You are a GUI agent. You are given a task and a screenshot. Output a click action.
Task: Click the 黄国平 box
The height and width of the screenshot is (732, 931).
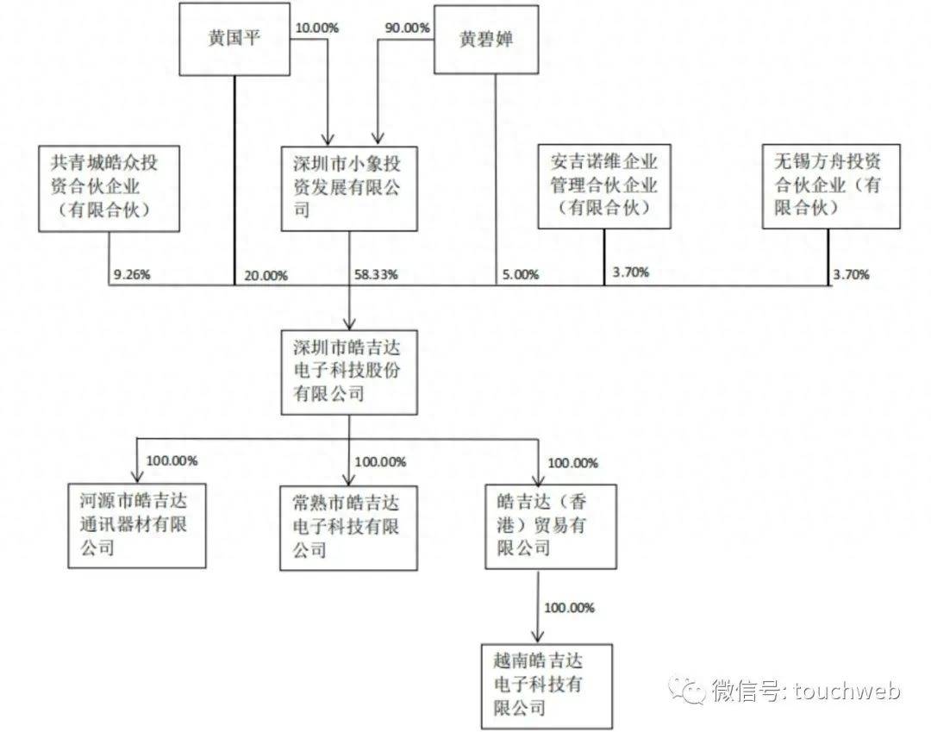(x=234, y=40)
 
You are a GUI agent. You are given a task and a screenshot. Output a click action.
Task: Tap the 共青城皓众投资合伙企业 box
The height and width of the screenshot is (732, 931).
(x=108, y=188)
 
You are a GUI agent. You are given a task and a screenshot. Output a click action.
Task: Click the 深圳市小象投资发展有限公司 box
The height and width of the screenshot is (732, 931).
(x=348, y=188)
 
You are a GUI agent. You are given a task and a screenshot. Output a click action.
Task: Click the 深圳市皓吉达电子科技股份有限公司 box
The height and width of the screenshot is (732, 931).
(x=348, y=372)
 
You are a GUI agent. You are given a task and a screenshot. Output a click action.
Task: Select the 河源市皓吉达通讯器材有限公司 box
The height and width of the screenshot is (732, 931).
(x=138, y=525)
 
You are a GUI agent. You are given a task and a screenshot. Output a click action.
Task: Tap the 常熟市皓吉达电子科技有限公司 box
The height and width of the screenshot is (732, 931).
(x=348, y=525)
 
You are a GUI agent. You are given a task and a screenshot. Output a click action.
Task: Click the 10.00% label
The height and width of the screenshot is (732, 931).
(x=316, y=28)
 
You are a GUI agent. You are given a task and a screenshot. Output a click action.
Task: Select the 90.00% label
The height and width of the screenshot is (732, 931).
(x=407, y=28)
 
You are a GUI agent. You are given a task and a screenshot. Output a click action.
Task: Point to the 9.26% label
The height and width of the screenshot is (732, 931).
(x=132, y=276)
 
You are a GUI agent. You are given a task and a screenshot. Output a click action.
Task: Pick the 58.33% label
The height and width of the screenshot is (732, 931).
(x=376, y=275)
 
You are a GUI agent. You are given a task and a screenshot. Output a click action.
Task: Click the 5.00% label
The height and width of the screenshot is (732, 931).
(x=520, y=276)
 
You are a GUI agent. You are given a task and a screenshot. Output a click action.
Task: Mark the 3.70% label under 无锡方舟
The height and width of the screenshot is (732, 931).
(x=851, y=276)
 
